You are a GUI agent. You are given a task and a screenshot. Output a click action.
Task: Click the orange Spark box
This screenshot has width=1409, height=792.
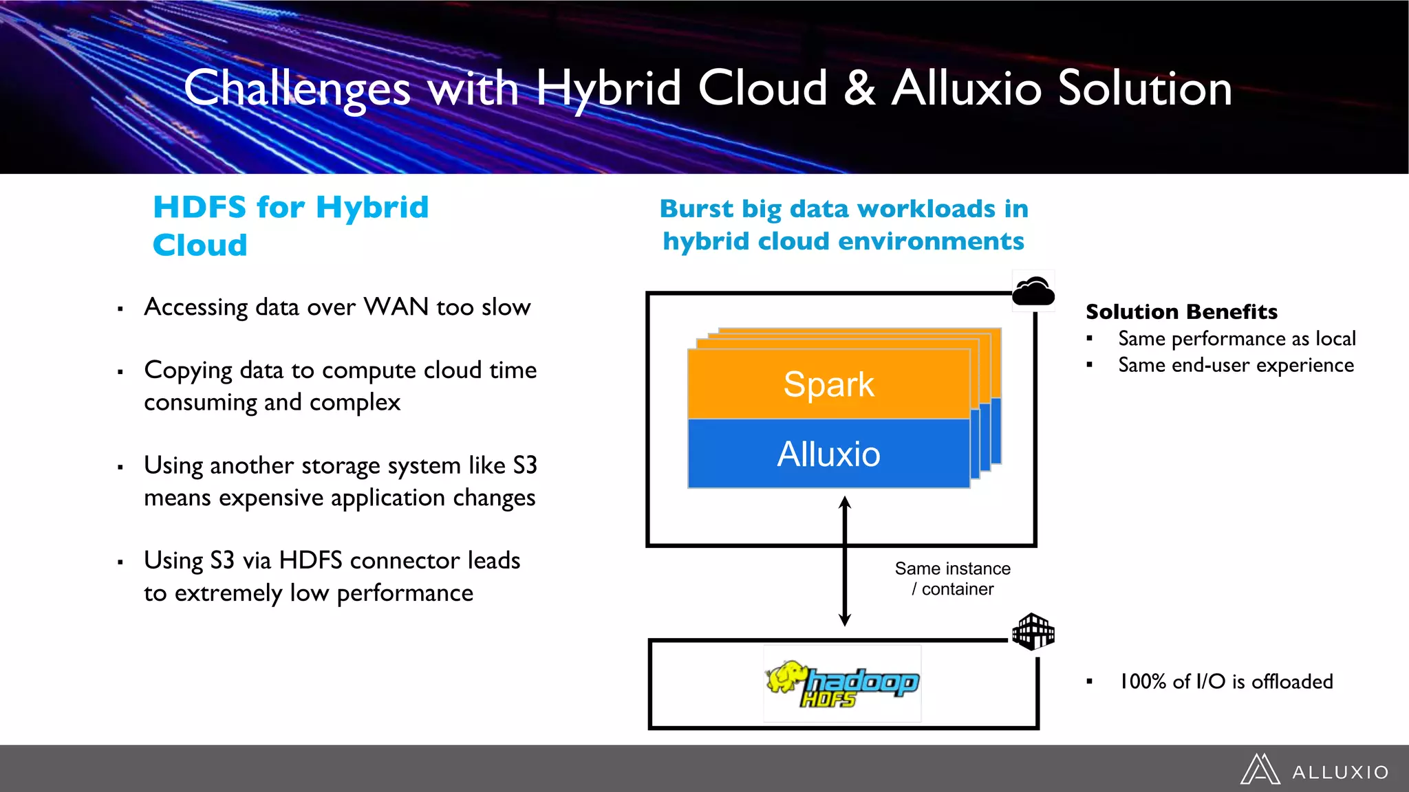point(828,384)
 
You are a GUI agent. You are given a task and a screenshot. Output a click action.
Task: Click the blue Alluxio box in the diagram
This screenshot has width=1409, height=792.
point(828,454)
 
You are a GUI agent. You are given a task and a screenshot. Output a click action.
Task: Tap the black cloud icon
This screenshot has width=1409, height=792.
point(1033,291)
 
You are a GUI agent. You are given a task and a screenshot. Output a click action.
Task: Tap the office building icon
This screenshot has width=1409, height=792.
point(1033,631)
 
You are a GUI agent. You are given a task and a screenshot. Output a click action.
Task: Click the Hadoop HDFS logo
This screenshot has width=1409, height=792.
point(842,683)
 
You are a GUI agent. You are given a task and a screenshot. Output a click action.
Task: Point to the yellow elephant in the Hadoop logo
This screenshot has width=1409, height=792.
point(786,676)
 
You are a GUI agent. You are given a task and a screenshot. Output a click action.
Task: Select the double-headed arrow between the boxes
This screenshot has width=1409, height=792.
point(845,561)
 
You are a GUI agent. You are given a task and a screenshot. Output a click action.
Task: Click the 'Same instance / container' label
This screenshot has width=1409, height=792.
point(952,579)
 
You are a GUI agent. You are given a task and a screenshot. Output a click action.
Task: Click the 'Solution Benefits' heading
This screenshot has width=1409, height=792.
point(1181,311)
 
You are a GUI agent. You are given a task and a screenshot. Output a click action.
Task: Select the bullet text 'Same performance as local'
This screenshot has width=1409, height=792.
point(1236,338)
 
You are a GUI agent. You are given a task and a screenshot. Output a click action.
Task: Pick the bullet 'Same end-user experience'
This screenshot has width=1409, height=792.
point(1236,365)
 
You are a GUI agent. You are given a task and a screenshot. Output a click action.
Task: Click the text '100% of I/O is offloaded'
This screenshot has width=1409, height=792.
point(1226,681)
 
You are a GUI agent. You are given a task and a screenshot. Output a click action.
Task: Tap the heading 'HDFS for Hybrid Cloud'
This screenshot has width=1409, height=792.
point(290,225)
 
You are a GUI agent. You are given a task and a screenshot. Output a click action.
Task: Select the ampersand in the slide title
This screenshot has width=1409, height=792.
point(859,88)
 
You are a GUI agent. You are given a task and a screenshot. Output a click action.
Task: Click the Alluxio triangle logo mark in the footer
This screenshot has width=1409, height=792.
point(1260,769)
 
